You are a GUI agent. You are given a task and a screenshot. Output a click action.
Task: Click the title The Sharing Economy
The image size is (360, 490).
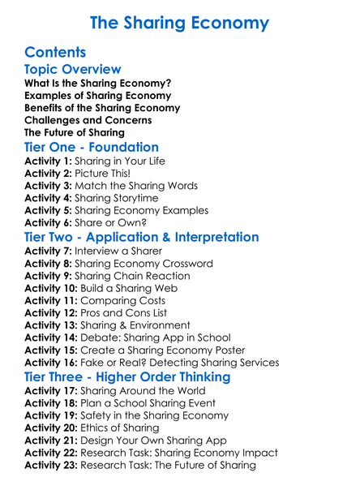180,22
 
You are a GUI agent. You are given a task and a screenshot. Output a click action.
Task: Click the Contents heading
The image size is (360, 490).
55,53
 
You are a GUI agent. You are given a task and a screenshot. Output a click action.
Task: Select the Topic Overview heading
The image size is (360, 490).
73,70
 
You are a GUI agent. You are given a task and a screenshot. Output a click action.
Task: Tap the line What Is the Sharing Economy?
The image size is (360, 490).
97,84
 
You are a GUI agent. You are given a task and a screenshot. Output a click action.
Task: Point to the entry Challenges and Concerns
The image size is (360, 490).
88,120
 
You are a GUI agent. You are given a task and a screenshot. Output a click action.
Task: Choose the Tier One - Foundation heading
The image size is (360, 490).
92,148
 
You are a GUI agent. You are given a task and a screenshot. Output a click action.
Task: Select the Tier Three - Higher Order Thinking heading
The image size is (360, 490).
127,377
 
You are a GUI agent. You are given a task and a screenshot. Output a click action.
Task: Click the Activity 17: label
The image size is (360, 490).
53,391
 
